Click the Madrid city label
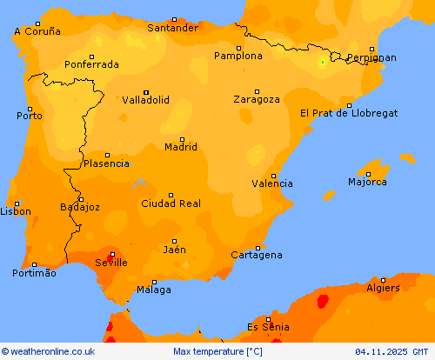tap(181, 147)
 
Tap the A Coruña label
tap(37, 31)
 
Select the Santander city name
tap(172, 28)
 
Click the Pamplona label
tap(238, 56)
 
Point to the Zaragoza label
tap(257, 99)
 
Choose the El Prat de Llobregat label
tap(348, 113)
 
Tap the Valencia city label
tap(271, 183)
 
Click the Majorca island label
tap(367, 182)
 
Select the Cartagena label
tap(257, 255)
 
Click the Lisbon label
tap(16, 211)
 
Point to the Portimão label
tap(35, 273)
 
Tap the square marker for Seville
tap(111, 254)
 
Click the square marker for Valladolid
tap(146, 92)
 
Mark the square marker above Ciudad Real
tap(171, 195)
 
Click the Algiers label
tap(383, 288)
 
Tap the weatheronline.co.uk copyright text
tap(48, 351)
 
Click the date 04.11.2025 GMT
tap(391, 351)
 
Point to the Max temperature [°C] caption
tap(217, 351)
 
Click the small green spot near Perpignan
tap(323, 62)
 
